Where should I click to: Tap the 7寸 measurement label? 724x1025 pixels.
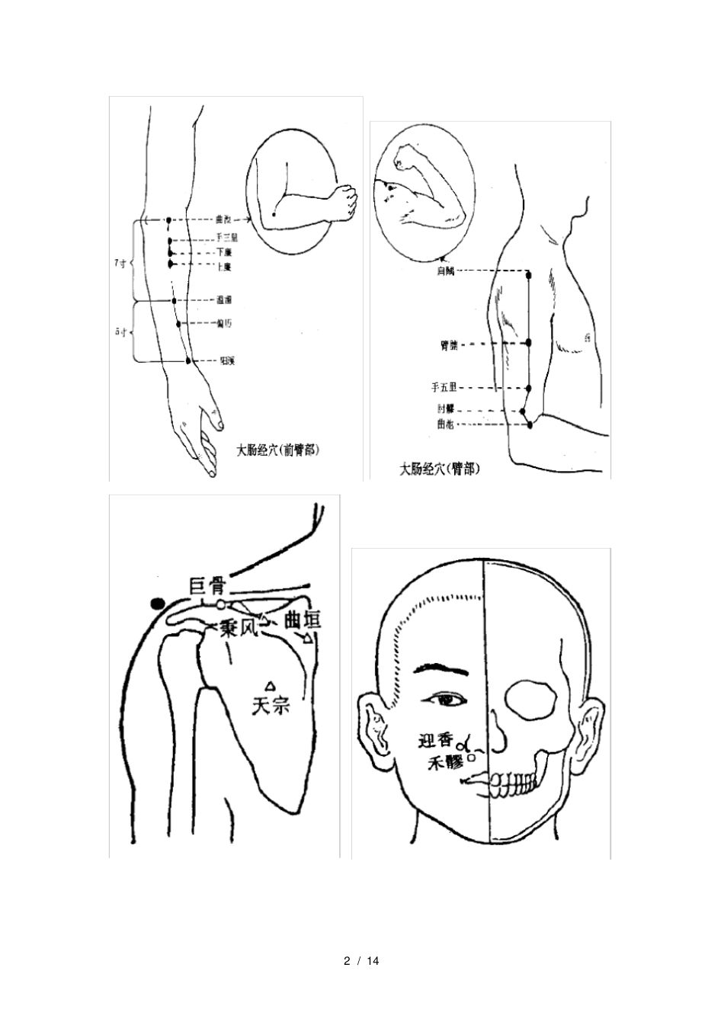(120, 263)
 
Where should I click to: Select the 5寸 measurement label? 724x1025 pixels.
(120, 332)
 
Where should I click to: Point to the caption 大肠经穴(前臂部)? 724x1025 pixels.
(277, 450)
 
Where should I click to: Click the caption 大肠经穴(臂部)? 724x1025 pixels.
(440, 469)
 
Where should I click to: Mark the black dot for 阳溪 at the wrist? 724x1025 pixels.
(188, 360)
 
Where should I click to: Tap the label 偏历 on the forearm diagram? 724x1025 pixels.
(224, 323)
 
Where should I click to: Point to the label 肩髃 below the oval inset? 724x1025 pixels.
(445, 271)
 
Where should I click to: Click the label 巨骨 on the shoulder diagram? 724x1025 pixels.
(207, 586)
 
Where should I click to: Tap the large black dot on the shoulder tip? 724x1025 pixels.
(158, 604)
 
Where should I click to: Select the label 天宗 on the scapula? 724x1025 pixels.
(271, 706)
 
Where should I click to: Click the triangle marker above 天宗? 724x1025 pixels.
(269, 685)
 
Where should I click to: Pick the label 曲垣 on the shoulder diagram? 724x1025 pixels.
(303, 619)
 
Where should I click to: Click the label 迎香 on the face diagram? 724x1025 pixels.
(435, 739)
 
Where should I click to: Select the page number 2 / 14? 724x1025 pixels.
(362, 960)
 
